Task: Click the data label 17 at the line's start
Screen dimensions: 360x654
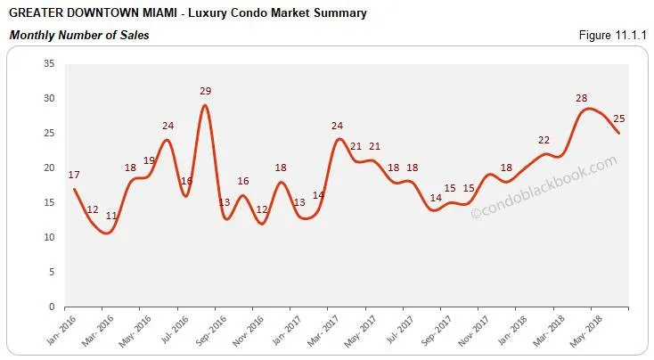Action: pos(74,176)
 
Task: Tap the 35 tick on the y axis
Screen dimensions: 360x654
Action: pos(49,64)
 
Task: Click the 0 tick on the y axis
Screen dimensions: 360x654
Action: pos(52,307)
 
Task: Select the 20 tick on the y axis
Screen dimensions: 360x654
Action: pos(49,168)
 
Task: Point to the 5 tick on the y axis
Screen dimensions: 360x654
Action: pos(52,273)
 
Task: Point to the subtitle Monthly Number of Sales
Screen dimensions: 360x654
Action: pos(78,36)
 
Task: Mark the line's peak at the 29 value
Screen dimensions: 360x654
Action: pos(206,106)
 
